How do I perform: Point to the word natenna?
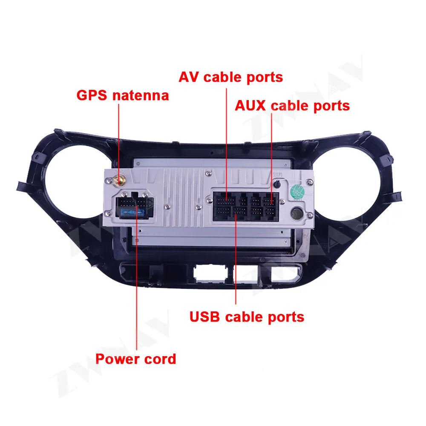[x=141, y=95]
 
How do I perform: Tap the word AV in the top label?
[x=189, y=77]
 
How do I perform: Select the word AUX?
[x=251, y=105]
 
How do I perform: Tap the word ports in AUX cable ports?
[x=331, y=106]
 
